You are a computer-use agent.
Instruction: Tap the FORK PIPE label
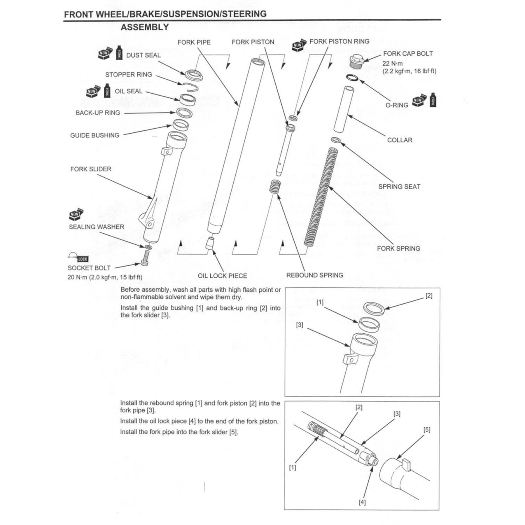(194, 42)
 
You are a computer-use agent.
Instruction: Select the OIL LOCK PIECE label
(222, 276)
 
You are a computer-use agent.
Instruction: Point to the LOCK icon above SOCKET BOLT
(78, 257)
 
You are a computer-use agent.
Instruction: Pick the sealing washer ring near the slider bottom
(148, 247)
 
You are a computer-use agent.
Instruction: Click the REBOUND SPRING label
(314, 275)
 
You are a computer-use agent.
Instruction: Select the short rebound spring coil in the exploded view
(274, 186)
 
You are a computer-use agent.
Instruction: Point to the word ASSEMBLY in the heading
(145, 27)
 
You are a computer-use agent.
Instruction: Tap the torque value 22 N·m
(393, 63)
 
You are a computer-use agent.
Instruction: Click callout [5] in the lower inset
(427, 430)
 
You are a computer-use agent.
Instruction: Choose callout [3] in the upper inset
(300, 325)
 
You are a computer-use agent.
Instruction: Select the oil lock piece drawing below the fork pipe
(210, 243)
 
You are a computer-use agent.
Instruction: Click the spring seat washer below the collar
(336, 140)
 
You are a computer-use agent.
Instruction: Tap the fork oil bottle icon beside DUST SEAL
(119, 52)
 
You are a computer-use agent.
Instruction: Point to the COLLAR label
(400, 140)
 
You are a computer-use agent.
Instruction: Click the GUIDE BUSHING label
(95, 135)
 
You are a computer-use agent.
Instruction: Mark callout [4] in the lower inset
(362, 502)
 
